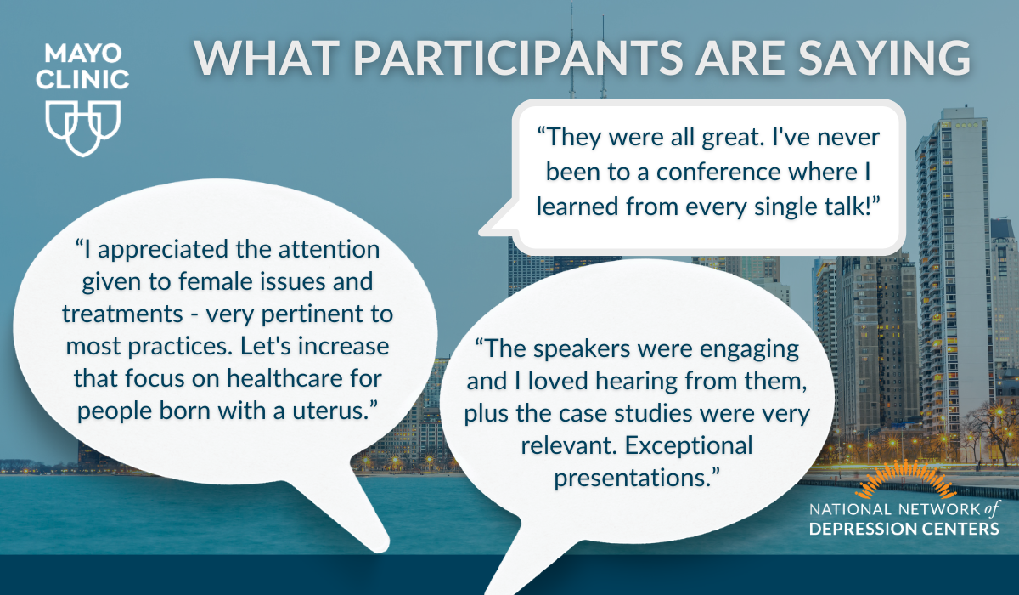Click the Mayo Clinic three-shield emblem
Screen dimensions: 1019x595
tap(83, 128)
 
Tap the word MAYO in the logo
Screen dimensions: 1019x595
tap(83, 54)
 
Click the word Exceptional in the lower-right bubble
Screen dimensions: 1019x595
tap(689, 445)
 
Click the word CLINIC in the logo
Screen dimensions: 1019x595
tap(83, 79)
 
